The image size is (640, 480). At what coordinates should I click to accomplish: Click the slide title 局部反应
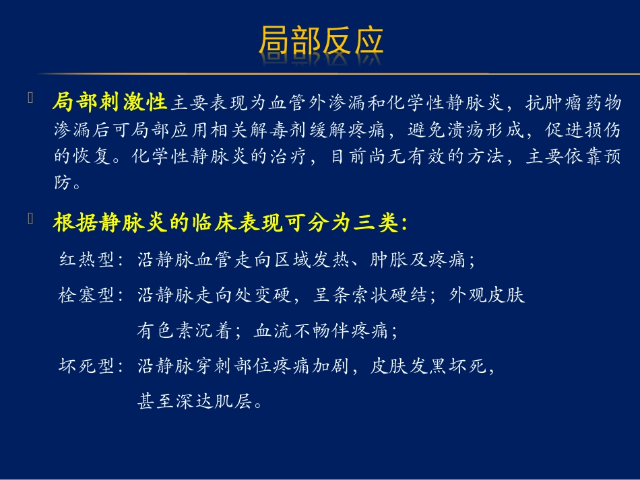tap(321, 42)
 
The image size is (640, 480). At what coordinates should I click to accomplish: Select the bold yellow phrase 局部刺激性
tap(109, 103)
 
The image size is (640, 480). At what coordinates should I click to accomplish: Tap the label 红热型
tap(86, 260)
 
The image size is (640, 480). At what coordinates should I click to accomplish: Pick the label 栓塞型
tap(86, 295)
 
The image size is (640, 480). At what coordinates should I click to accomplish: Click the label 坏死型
tap(86, 366)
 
